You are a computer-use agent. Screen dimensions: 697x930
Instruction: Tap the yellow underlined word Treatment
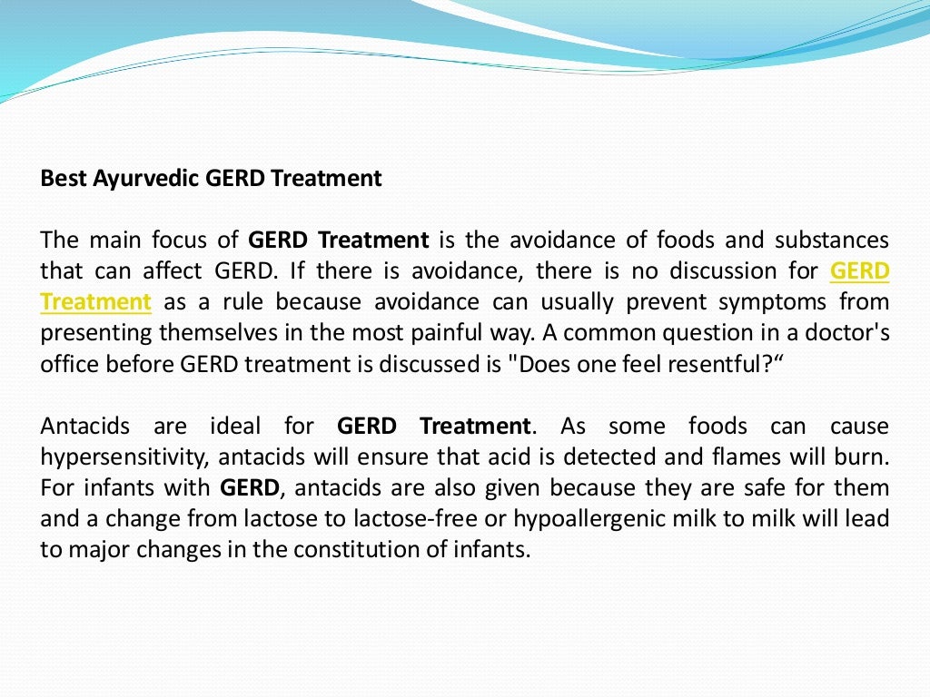95,301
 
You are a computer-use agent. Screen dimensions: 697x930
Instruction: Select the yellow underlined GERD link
859,271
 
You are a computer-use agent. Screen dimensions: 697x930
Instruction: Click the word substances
832,241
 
